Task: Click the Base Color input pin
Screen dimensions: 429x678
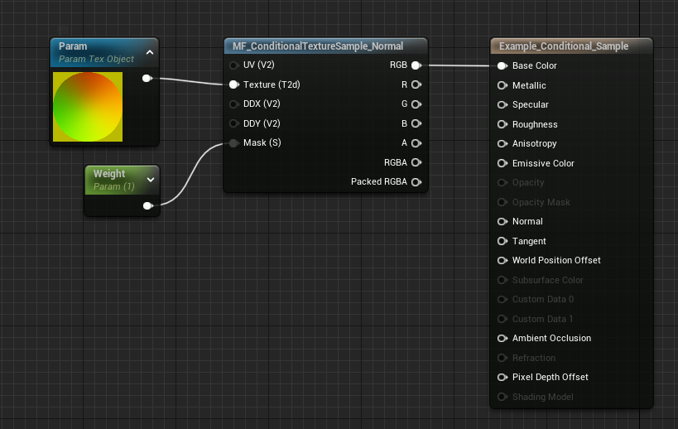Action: click(502, 65)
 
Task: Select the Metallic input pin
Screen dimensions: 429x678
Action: click(502, 85)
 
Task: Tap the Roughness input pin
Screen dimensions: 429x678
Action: click(502, 124)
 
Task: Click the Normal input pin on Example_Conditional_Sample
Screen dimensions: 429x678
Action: click(502, 221)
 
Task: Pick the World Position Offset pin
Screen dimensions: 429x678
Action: click(502, 260)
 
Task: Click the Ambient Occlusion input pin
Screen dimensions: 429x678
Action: click(502, 338)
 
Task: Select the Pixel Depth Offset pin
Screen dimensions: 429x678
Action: click(502, 377)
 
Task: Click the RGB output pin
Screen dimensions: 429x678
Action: click(416, 65)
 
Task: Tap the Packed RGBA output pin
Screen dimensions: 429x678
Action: click(416, 181)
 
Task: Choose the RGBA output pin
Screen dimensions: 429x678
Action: click(416, 162)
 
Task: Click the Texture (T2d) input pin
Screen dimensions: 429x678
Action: click(234, 84)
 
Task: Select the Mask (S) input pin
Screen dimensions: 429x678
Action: click(234, 143)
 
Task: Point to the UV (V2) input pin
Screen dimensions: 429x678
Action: click(234, 65)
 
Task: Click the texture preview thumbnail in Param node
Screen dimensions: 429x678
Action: click(88, 107)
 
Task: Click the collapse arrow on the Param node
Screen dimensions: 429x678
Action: click(150, 52)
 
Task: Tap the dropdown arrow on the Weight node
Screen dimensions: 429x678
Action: click(150, 179)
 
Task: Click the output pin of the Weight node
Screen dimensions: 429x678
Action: click(147, 205)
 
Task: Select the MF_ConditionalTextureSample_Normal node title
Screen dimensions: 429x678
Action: click(325, 46)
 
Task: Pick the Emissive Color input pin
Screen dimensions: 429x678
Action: click(502, 163)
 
